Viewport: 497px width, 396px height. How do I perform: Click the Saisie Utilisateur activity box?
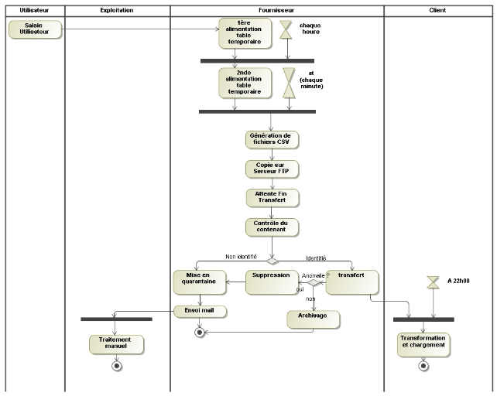click(33, 29)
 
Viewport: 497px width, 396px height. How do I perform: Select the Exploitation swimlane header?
click(117, 11)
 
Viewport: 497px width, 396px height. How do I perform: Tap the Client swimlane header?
click(437, 11)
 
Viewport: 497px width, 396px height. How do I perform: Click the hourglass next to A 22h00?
click(434, 282)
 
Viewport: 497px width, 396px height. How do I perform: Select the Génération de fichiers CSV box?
click(272, 139)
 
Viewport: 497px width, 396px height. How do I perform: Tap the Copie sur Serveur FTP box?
click(272, 169)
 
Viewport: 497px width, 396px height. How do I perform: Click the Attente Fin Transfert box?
click(272, 197)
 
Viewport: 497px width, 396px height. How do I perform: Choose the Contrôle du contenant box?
click(272, 227)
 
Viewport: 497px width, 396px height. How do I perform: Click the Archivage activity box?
click(314, 318)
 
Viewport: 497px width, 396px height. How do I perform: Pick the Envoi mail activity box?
click(200, 311)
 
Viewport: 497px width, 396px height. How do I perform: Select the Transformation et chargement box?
click(423, 343)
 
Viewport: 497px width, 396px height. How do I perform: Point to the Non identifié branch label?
click(241, 257)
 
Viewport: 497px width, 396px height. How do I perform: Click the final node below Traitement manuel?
click(117, 366)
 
